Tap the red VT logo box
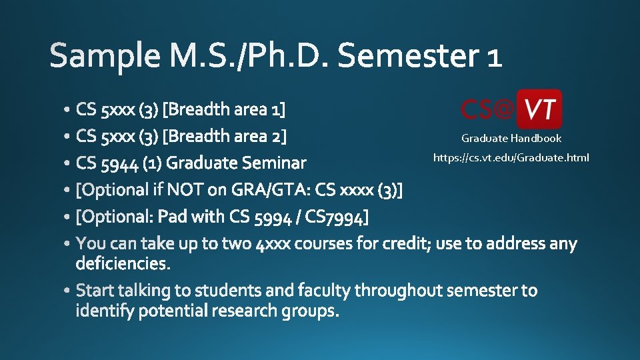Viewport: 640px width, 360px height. [x=539, y=109]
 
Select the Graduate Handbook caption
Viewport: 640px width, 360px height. [x=511, y=139]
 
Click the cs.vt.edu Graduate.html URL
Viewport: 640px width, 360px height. [x=511, y=158]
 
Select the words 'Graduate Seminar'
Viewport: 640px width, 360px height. [x=237, y=163]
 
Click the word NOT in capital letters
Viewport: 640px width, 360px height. [x=185, y=190]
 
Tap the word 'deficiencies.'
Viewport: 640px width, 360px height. [x=124, y=263]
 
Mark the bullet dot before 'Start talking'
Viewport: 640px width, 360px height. [x=69, y=291]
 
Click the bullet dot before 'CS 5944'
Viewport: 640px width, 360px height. [x=69, y=163]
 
